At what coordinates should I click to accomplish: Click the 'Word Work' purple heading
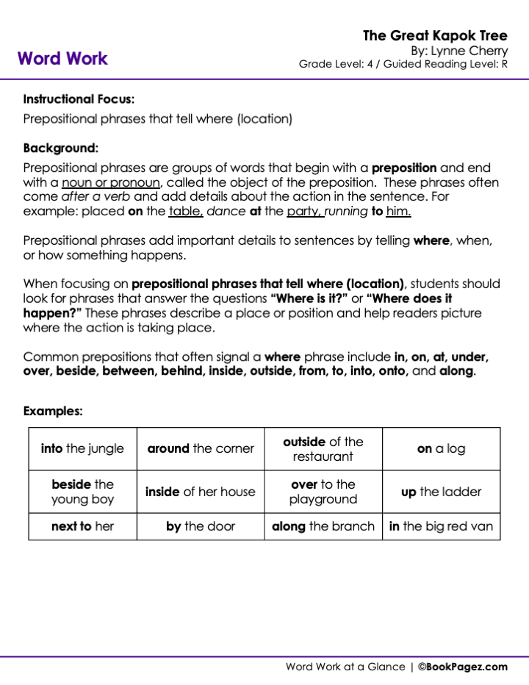pyautogui.click(x=62, y=59)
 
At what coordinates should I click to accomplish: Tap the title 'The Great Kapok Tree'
pyautogui.click(x=435, y=35)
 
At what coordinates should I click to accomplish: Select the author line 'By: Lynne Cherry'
pyautogui.click(x=458, y=51)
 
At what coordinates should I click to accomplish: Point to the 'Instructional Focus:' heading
pyautogui.click(x=79, y=99)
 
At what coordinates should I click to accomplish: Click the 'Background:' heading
pyautogui.click(x=60, y=148)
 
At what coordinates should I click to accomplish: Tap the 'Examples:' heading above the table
pyautogui.click(x=53, y=412)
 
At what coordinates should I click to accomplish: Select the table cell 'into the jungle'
pyautogui.click(x=82, y=448)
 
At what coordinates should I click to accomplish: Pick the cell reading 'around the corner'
pyautogui.click(x=201, y=448)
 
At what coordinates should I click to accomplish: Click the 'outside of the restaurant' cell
pyautogui.click(x=323, y=448)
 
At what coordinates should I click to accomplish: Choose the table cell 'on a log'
pyautogui.click(x=441, y=448)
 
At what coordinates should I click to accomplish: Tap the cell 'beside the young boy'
pyautogui.click(x=82, y=492)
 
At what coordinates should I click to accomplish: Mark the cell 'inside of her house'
pyautogui.click(x=201, y=492)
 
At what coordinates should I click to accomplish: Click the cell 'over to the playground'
pyautogui.click(x=323, y=492)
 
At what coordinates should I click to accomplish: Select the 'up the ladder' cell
pyautogui.click(x=441, y=492)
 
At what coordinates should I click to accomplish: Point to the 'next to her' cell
pyautogui.click(x=82, y=526)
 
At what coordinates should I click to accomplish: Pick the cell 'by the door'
pyautogui.click(x=201, y=526)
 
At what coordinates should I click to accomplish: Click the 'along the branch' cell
pyautogui.click(x=323, y=526)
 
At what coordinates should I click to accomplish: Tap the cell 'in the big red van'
pyautogui.click(x=441, y=526)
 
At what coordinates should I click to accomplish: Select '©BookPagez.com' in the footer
pyautogui.click(x=463, y=667)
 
